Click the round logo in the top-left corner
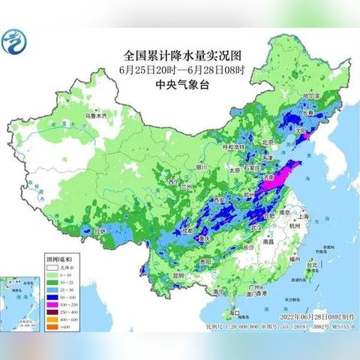(16, 43)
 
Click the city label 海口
(235, 311)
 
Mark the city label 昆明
(177, 275)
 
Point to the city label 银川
(201, 167)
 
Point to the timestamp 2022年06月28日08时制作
(314, 318)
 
